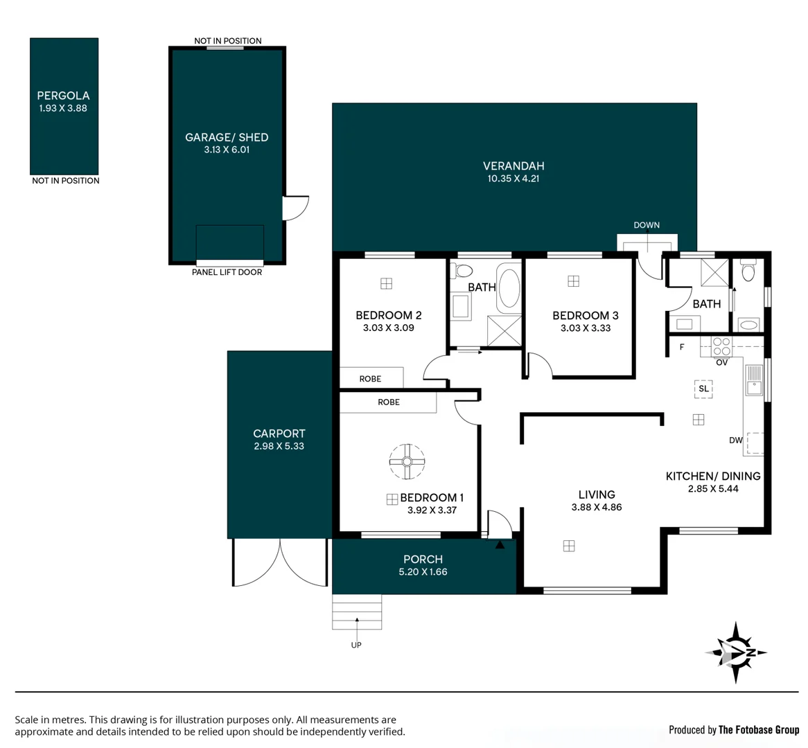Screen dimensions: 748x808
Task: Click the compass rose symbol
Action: point(737,652)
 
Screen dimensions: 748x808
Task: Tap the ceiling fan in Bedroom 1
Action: point(407,461)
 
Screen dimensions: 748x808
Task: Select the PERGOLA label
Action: point(63,96)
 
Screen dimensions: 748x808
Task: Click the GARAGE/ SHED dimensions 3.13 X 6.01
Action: point(227,150)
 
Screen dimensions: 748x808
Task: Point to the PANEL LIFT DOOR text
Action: point(227,272)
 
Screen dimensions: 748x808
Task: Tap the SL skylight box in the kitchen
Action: point(703,389)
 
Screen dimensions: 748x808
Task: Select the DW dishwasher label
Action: point(736,440)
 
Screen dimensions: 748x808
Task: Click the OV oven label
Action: point(721,362)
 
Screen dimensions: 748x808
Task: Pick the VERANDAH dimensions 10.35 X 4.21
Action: point(513,179)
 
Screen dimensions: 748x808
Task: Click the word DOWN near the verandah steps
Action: point(646,225)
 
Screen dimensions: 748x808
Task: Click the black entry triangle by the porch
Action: point(500,545)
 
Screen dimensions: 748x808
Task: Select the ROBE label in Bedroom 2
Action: point(370,379)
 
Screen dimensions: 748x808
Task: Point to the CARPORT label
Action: point(279,434)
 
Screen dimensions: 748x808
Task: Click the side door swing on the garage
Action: point(295,208)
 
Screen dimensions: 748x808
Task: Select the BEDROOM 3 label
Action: point(585,315)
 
